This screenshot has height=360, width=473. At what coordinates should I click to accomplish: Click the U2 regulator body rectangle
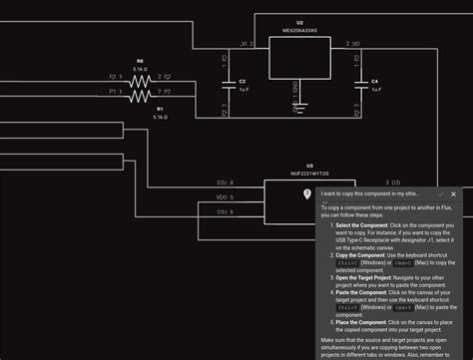tap(298, 61)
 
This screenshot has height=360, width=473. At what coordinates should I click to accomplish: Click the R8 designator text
tap(140, 61)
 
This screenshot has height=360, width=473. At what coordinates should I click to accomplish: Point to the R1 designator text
tap(159, 108)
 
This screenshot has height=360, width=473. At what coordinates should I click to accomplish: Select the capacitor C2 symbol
tap(233, 85)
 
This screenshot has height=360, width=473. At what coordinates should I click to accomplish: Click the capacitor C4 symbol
tap(362, 85)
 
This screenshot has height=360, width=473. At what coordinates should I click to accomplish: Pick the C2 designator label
tap(242, 80)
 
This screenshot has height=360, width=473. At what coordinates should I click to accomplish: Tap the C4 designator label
tap(374, 80)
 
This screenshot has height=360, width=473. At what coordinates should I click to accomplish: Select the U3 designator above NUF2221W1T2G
tap(309, 165)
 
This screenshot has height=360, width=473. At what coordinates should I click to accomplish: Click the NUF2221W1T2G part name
tap(309, 174)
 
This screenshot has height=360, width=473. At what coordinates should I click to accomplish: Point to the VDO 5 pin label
tap(226, 197)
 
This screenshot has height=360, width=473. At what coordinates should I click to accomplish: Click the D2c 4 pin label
tap(225, 182)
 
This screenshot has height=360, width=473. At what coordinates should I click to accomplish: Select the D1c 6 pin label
tap(226, 212)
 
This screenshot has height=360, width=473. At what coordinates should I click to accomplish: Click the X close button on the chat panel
tap(465, 193)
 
